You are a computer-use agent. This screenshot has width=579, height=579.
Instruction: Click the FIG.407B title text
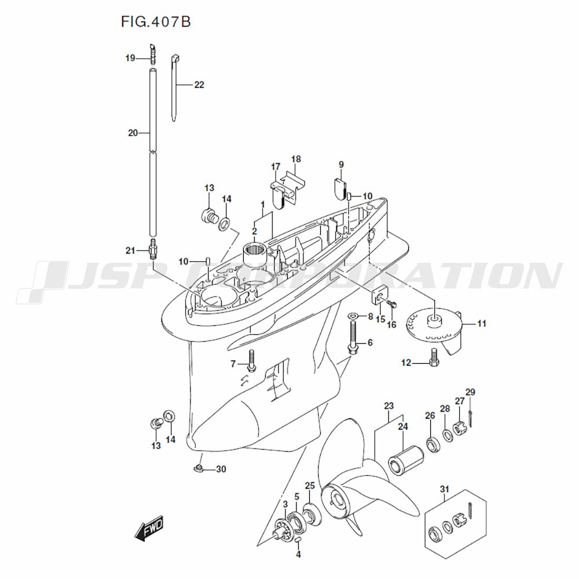[x=155, y=22]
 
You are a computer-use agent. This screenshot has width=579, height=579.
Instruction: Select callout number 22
[x=199, y=85]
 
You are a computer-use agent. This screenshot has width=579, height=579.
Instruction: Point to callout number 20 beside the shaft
[x=133, y=133]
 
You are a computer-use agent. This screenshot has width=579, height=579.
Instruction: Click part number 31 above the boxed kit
[x=444, y=490]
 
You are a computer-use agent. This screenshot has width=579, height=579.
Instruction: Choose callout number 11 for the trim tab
[x=482, y=324]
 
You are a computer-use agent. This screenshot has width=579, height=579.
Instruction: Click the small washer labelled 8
[x=352, y=316]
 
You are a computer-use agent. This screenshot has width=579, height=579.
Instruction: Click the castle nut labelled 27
[x=459, y=430]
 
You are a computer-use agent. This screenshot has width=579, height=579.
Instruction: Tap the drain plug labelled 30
[x=197, y=468]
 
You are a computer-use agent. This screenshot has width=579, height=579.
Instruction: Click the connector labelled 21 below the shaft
[x=153, y=250]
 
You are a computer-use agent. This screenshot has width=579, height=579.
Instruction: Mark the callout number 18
[x=296, y=159]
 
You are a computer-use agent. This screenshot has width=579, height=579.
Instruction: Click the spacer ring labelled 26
[x=431, y=445]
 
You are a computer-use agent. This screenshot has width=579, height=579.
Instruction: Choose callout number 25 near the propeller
[x=310, y=486]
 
